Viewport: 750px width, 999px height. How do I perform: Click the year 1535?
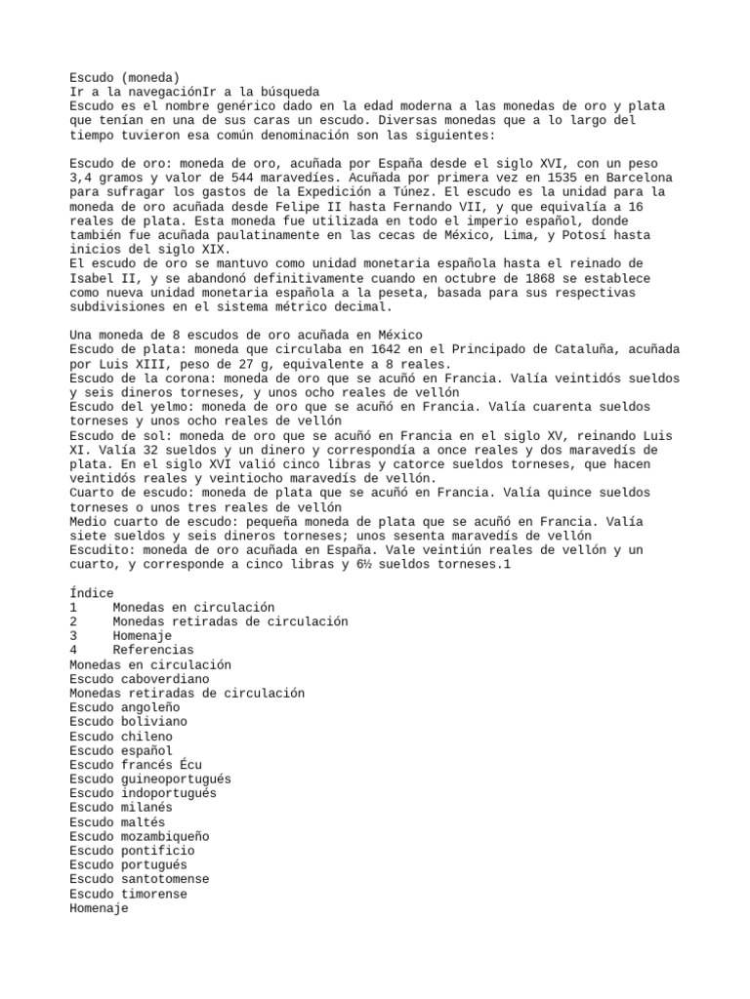(x=490, y=178)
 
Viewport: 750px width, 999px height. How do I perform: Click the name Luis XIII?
(x=132, y=364)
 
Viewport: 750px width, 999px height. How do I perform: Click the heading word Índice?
(x=92, y=593)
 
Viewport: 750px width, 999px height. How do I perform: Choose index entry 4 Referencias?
(x=153, y=650)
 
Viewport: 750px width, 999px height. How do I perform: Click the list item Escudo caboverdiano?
(x=140, y=678)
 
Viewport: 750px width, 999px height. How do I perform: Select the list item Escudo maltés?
(x=117, y=821)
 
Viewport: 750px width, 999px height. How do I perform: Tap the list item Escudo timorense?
(x=128, y=894)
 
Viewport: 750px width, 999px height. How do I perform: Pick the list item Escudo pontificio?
(x=132, y=851)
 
